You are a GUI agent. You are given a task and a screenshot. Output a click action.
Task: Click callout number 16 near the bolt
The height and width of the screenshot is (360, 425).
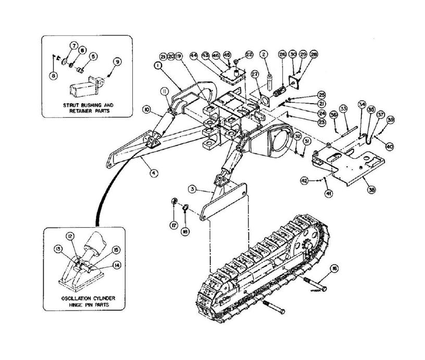point(334,269)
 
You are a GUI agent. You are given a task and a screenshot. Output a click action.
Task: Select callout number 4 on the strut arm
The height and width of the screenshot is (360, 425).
point(154,173)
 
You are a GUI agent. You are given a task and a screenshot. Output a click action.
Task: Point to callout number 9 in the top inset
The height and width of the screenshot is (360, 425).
point(118,61)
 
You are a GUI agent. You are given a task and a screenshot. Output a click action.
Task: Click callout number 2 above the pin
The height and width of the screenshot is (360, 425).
point(264,54)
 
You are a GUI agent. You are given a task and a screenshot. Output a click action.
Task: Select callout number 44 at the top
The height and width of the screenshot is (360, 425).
point(193,55)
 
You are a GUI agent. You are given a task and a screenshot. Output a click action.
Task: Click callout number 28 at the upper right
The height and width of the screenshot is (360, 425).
point(314,54)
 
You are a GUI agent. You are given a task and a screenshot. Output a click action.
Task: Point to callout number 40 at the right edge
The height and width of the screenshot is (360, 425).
point(389,146)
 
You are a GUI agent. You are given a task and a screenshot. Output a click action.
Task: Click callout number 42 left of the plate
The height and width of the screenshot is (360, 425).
point(304,180)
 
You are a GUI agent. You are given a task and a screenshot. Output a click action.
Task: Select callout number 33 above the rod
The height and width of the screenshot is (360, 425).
point(343,108)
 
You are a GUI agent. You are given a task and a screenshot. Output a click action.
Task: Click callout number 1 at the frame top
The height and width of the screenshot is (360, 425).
point(157,66)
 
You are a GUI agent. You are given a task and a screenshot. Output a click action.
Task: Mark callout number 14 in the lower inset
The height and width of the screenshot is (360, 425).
point(116,265)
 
